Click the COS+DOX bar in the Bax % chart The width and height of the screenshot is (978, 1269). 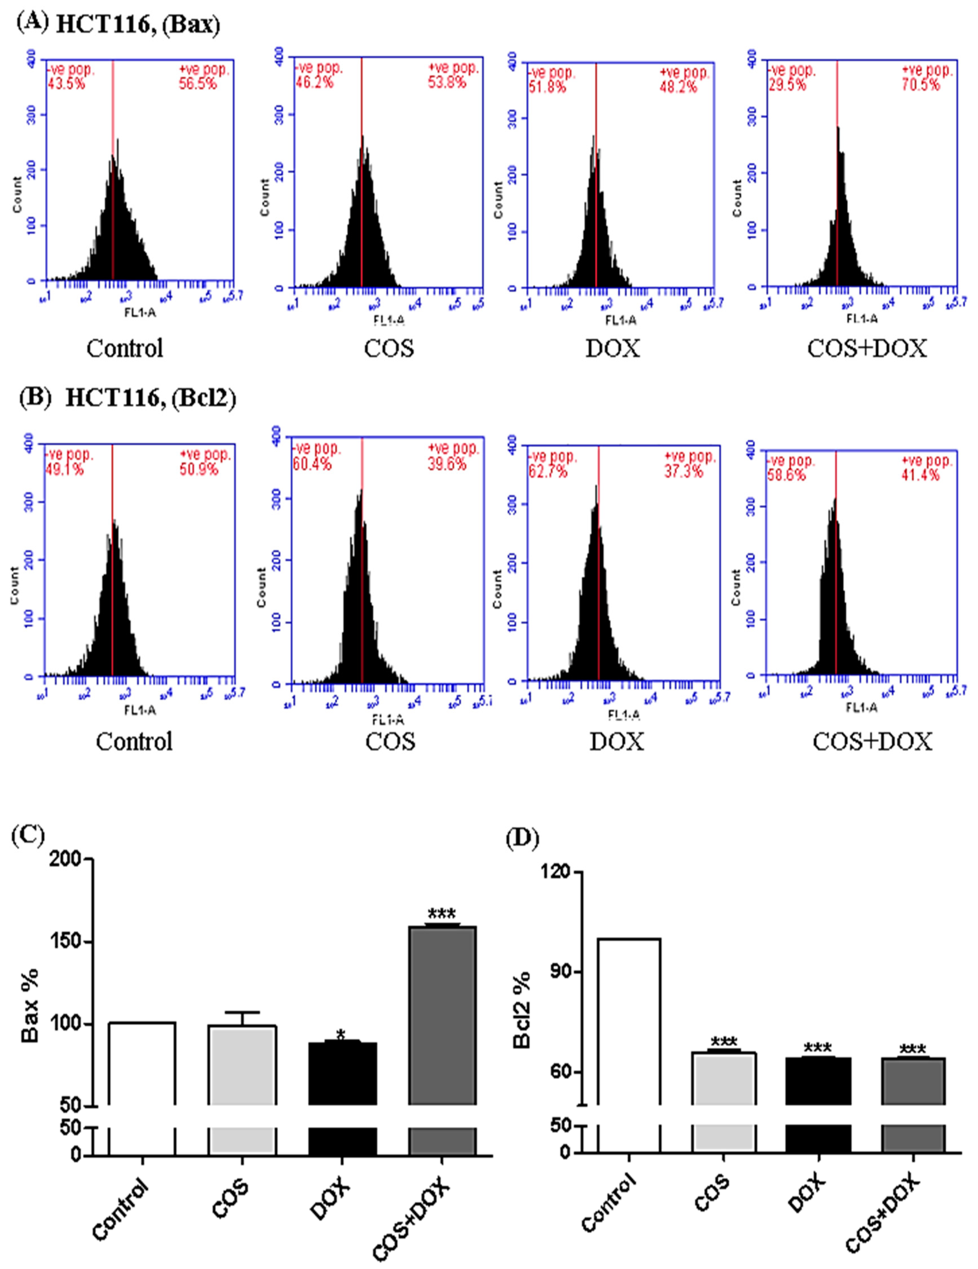click(x=442, y=1014)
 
